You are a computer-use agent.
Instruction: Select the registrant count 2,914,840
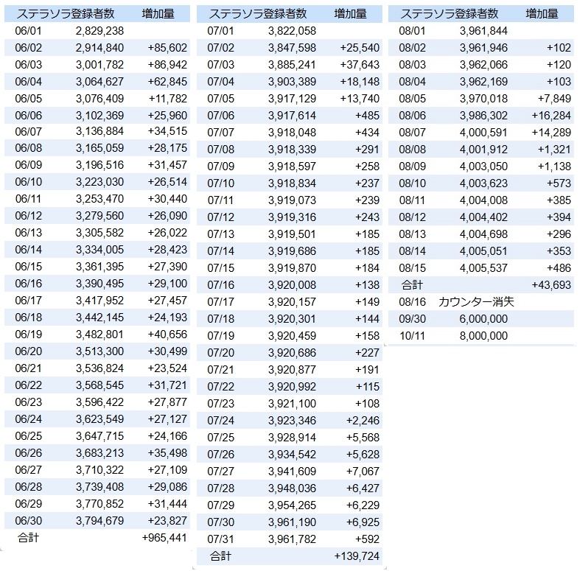click(x=99, y=47)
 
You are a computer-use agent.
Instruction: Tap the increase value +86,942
click(x=167, y=64)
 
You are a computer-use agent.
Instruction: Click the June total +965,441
click(x=164, y=537)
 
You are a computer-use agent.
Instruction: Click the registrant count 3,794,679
click(x=99, y=520)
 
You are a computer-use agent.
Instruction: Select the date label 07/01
click(x=220, y=30)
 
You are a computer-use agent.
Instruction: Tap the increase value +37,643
click(x=360, y=64)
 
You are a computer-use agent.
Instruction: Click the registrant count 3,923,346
click(x=293, y=420)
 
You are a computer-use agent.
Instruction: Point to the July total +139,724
click(x=357, y=555)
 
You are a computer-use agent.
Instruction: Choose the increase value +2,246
click(x=363, y=420)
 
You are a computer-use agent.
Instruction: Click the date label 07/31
click(x=220, y=538)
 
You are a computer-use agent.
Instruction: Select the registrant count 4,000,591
click(x=483, y=132)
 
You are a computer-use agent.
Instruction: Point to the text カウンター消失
click(x=476, y=301)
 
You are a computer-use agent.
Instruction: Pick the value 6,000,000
click(x=483, y=318)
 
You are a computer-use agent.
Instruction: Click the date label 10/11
click(x=411, y=335)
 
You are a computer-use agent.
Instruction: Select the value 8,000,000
click(x=483, y=335)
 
